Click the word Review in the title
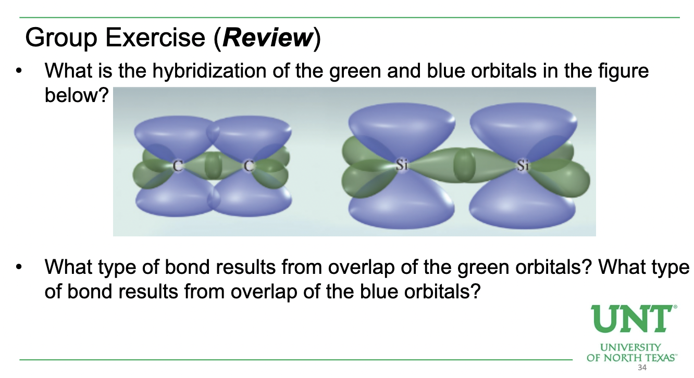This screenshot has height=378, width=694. pos(267,38)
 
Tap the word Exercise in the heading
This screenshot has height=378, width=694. pos(152,38)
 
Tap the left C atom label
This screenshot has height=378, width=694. pos(178,167)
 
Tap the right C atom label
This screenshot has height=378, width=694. pos(249,167)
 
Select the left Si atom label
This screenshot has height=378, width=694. pos(401,166)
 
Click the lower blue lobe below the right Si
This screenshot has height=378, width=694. pos(523,206)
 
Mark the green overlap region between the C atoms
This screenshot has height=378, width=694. pos(213,167)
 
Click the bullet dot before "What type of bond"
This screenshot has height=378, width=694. pos(19,268)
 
